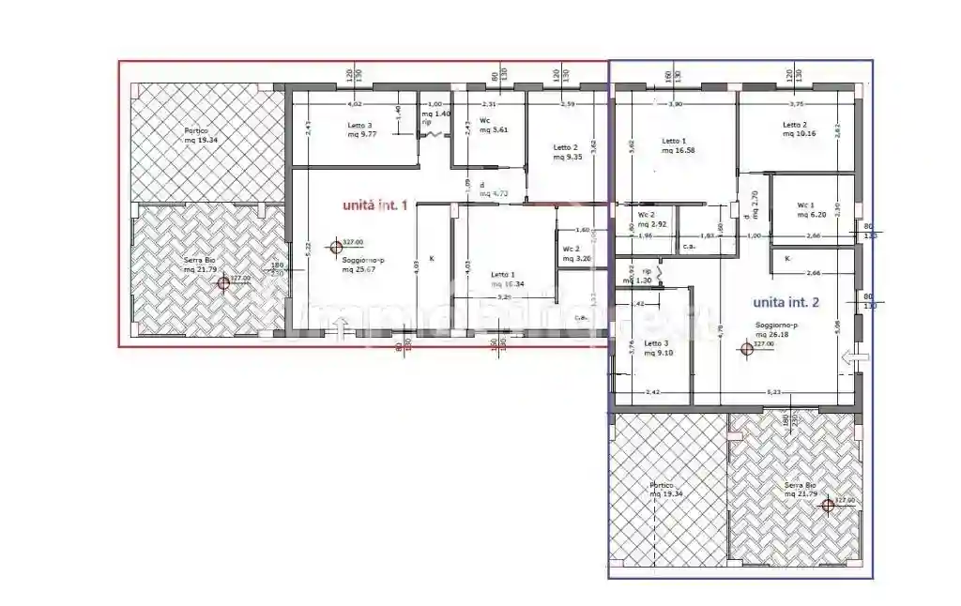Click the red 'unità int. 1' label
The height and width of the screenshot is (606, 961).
374,205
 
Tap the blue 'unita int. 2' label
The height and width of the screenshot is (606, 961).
786,302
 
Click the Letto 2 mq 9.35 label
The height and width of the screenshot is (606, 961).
566,152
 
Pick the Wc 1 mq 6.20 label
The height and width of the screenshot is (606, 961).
811,209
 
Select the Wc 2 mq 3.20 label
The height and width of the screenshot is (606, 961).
575,253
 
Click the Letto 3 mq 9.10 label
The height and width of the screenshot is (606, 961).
657,348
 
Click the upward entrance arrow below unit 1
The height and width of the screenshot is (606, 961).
341,326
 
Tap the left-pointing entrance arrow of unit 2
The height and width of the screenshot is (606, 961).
851,356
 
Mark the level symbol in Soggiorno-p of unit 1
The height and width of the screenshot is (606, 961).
335,248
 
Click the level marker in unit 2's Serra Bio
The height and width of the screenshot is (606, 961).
827,505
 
